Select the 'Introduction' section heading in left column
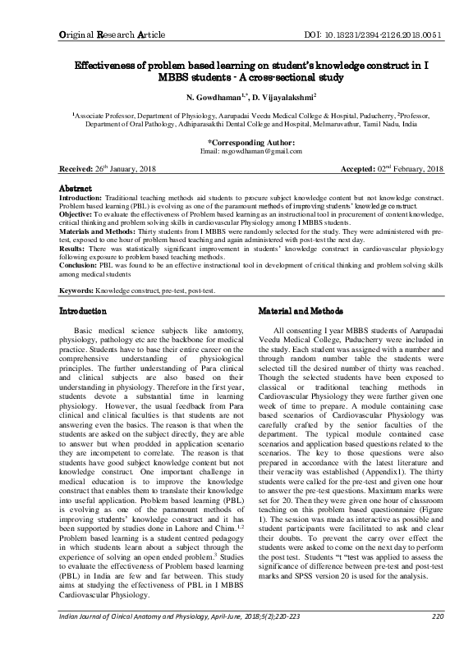click(84, 313)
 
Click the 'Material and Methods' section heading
click(301, 313)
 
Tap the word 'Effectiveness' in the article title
click(111, 64)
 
